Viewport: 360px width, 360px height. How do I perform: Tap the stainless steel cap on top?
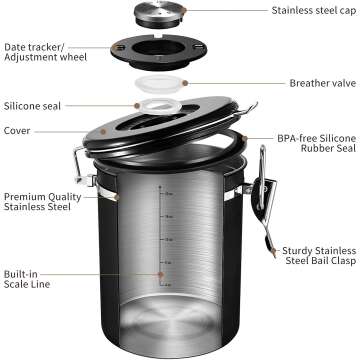180,16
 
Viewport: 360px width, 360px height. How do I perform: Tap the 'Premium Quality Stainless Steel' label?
42,203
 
